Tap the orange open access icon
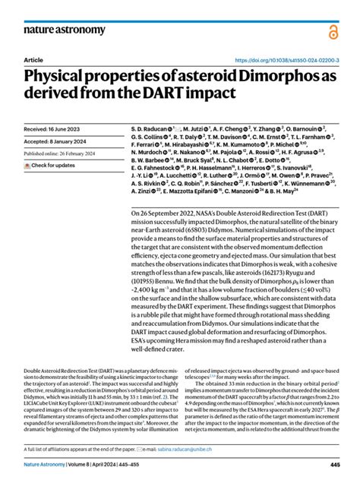point(332,30)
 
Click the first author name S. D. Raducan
point(150,130)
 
